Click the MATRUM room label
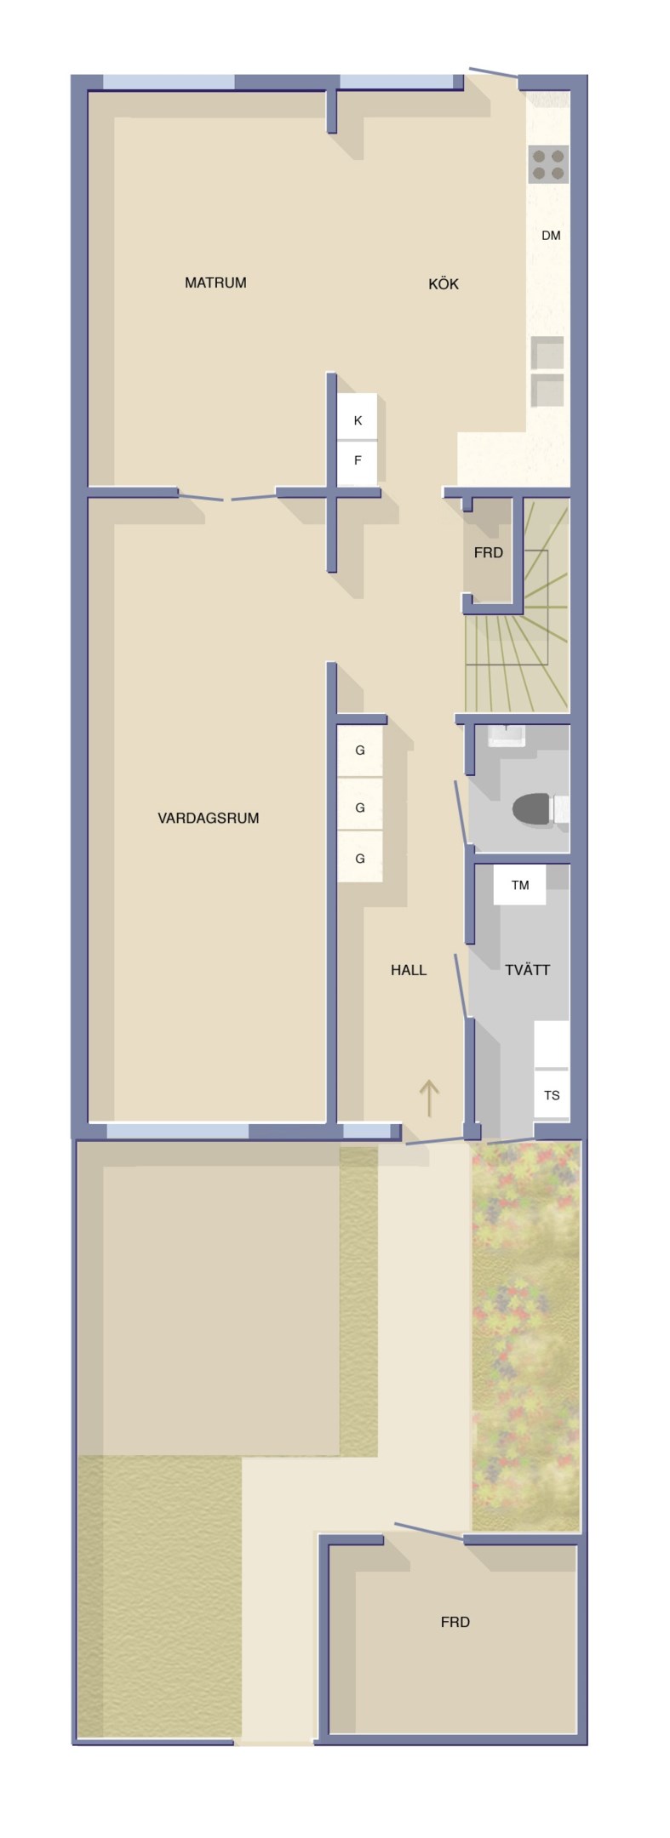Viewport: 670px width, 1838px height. (215, 283)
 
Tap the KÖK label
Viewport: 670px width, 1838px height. (444, 283)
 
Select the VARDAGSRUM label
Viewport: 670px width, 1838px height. (209, 818)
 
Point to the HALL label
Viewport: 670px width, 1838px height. (409, 969)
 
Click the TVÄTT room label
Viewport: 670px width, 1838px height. (527, 969)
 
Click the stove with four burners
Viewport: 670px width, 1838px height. (548, 164)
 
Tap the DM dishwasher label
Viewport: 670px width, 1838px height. (551, 235)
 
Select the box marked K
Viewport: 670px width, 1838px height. (358, 420)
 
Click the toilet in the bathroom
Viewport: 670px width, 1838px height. (541, 809)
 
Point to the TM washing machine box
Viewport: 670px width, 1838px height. (519, 885)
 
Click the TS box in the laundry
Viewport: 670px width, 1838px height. (552, 1095)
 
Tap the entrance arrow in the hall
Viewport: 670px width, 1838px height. (428, 1099)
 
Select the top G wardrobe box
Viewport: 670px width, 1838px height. (360, 751)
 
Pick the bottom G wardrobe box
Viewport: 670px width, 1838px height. (360, 858)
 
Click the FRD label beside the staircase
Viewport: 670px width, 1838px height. (489, 552)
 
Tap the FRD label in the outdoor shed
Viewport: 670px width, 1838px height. (455, 1622)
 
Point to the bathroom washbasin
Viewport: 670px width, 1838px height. (507, 735)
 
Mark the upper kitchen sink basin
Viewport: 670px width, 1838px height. (547, 352)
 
